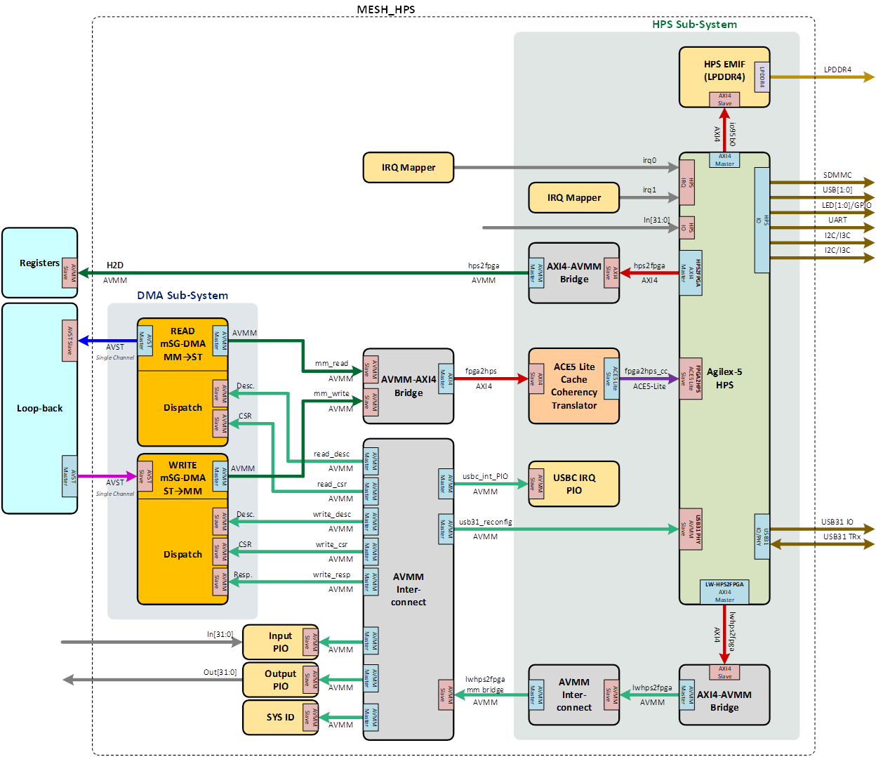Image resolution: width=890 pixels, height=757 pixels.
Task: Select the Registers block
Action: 39,263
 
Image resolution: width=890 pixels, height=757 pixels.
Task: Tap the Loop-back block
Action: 39,408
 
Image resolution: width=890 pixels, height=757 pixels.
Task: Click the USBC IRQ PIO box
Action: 574,484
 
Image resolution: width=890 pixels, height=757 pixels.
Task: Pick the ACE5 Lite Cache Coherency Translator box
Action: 573,386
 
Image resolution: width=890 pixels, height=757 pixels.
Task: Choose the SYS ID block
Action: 280,717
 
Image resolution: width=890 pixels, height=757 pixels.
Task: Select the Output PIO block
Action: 280,680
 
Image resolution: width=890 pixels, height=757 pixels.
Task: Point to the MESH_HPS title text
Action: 386,10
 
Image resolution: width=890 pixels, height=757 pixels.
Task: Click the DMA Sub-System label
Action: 182,296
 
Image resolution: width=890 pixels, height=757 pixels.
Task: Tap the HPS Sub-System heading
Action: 694,25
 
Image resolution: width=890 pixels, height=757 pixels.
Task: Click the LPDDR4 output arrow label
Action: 837,70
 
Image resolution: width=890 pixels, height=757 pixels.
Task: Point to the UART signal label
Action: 837,220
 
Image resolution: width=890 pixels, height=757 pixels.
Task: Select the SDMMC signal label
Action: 838,175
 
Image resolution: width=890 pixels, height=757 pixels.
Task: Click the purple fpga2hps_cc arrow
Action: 649,379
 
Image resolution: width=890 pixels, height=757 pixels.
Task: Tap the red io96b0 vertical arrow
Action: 724,129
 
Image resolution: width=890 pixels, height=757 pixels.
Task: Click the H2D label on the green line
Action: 115,265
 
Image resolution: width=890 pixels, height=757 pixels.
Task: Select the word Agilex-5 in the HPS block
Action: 724,371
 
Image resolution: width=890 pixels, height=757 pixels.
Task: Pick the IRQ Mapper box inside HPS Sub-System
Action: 574,197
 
